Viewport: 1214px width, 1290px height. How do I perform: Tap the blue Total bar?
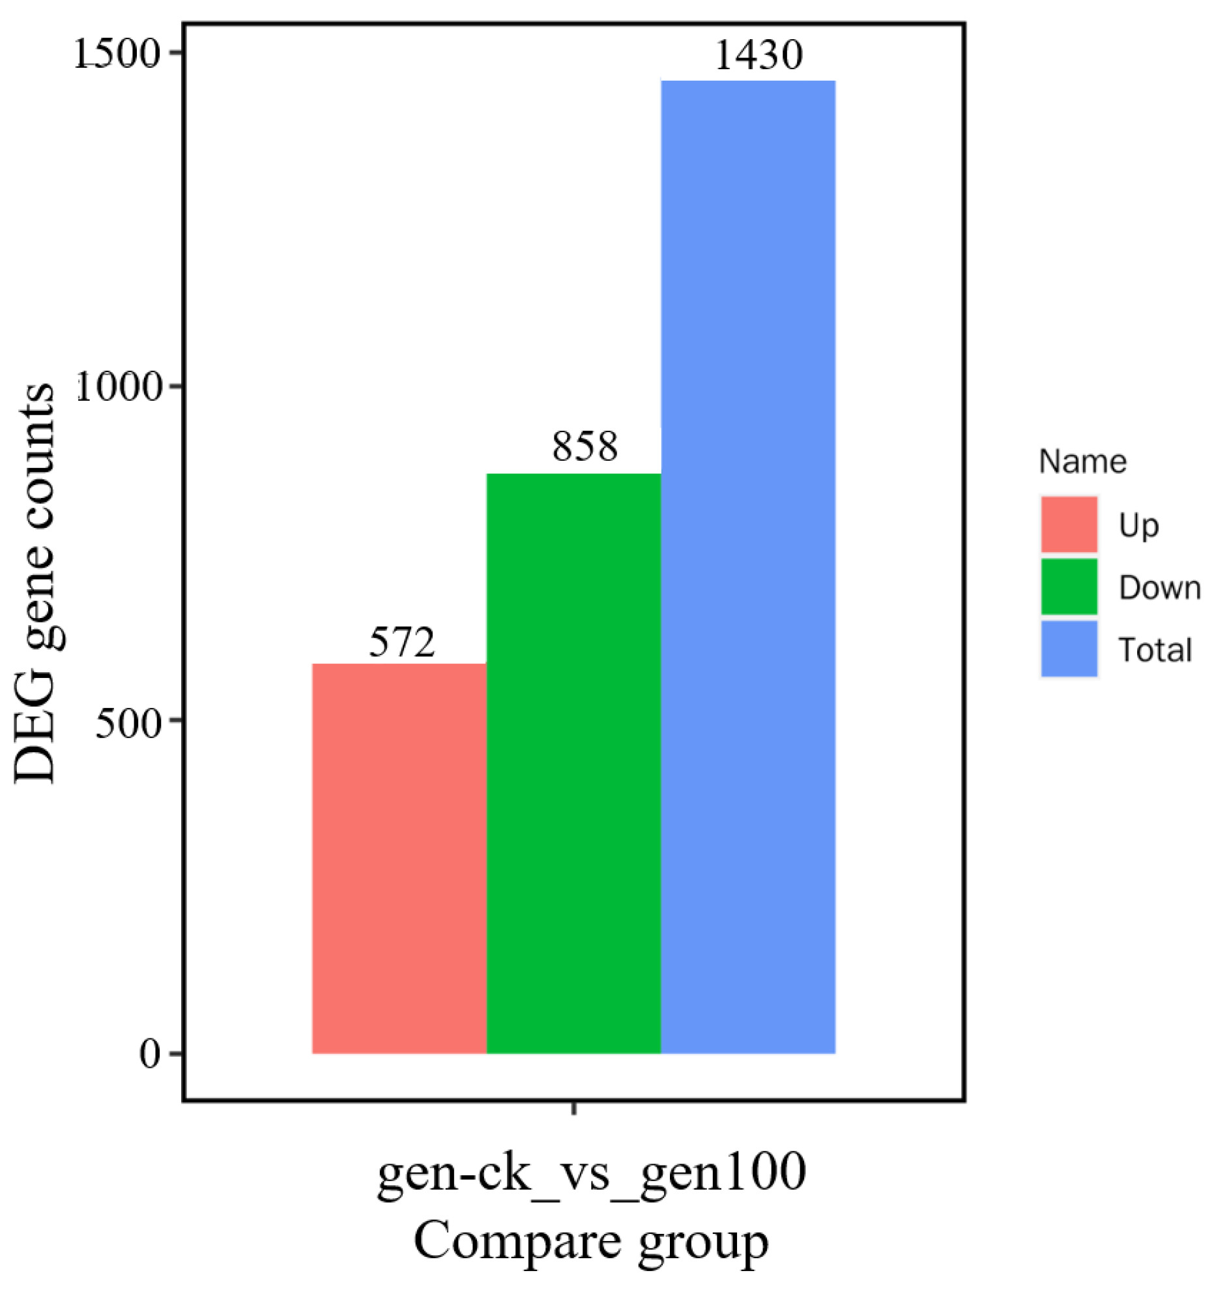pyautogui.click(x=748, y=567)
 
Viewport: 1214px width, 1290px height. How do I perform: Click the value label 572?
pyautogui.click(x=401, y=643)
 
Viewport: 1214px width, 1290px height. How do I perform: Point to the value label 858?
pyautogui.click(x=585, y=447)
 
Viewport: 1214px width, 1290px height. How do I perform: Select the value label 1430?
pyautogui.click(x=759, y=55)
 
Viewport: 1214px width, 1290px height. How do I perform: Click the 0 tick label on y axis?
pyautogui.click(x=150, y=1055)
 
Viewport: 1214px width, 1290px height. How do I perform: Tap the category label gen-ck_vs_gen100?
pyautogui.click(x=591, y=1173)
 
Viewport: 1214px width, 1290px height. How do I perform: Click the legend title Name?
pyautogui.click(x=1082, y=462)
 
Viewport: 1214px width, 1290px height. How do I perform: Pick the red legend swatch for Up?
pyautogui.click(x=1069, y=525)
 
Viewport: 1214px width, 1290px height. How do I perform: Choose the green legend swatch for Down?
pyautogui.click(x=1069, y=587)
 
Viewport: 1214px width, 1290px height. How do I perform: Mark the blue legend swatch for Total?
pyautogui.click(x=1069, y=649)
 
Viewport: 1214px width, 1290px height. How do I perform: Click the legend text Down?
pyautogui.click(x=1159, y=588)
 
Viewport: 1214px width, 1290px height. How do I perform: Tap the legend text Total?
pyautogui.click(x=1155, y=650)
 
